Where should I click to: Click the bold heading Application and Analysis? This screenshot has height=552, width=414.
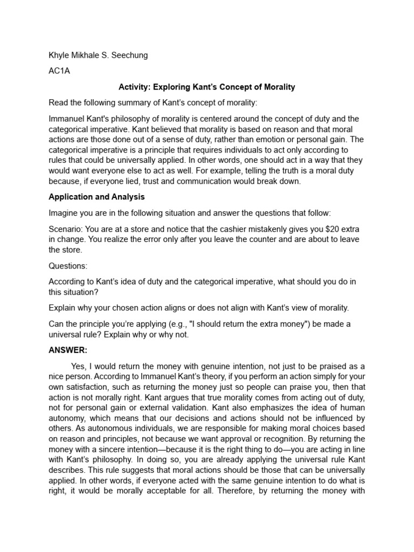click(x=96, y=197)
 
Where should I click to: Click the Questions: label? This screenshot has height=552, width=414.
click(x=67, y=266)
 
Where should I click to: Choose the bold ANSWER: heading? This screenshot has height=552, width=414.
click(x=68, y=350)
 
